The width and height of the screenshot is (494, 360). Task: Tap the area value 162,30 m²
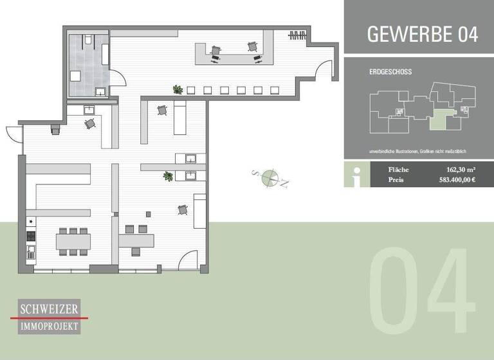(457, 170)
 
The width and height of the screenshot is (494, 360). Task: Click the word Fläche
(398, 170)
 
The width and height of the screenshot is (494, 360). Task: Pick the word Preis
(397, 181)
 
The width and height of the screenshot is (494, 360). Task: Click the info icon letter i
(356, 175)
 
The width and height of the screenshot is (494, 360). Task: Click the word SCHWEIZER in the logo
(50, 309)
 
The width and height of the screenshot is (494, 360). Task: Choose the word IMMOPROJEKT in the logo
(50, 327)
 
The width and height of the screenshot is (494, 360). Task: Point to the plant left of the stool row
(176, 89)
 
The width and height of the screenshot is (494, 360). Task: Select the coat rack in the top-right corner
(296, 35)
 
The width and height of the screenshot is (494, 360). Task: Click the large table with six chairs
(73, 241)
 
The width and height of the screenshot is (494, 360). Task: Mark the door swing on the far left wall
(14, 133)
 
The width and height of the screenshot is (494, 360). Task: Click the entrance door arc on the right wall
(326, 68)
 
